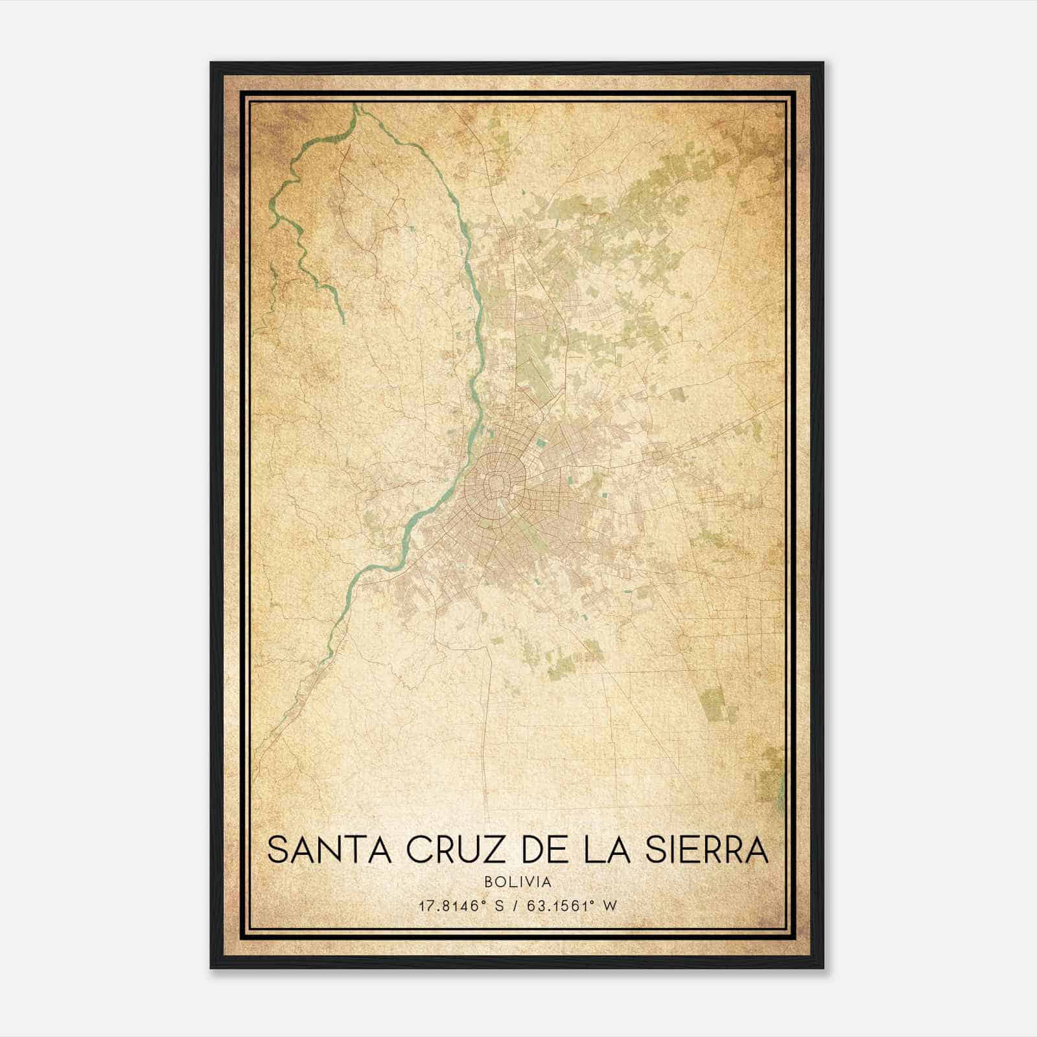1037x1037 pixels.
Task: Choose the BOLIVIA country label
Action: [518, 882]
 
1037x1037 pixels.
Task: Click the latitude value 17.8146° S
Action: [461, 906]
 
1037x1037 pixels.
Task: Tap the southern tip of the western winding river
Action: [342, 321]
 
